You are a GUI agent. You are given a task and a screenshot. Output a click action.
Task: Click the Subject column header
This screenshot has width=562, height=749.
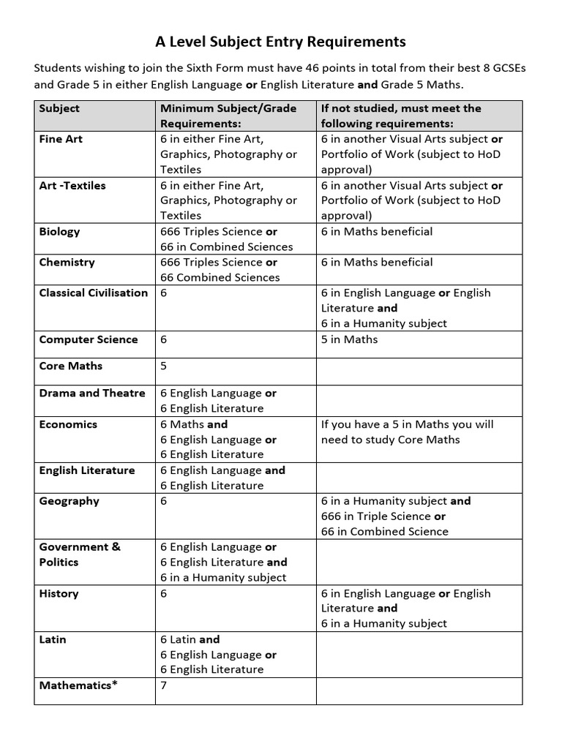click(59, 108)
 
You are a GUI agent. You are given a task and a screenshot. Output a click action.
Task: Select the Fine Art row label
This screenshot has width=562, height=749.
click(61, 139)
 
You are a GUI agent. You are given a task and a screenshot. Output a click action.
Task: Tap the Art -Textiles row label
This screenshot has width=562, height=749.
click(72, 186)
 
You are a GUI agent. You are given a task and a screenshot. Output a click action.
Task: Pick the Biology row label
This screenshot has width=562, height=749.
click(60, 232)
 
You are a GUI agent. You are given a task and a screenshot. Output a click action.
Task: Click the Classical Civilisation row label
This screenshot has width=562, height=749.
click(93, 293)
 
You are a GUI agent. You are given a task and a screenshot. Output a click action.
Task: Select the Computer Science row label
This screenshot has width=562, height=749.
click(88, 339)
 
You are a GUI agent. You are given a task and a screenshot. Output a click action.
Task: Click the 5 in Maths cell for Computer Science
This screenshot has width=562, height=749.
click(349, 339)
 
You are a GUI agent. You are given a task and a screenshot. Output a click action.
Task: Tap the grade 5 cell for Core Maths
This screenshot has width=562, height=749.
click(164, 366)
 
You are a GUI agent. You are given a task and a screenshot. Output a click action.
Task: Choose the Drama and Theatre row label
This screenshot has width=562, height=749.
click(92, 394)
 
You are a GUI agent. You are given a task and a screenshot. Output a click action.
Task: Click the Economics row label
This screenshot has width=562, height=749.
click(68, 424)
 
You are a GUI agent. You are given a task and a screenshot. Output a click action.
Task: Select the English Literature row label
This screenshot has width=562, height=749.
click(87, 470)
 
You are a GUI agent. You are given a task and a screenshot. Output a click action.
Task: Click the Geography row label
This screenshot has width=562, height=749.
click(69, 501)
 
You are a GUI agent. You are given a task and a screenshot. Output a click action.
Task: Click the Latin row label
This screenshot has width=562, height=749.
click(53, 639)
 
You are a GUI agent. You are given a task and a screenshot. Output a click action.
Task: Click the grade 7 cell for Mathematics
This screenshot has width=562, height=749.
click(164, 686)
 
